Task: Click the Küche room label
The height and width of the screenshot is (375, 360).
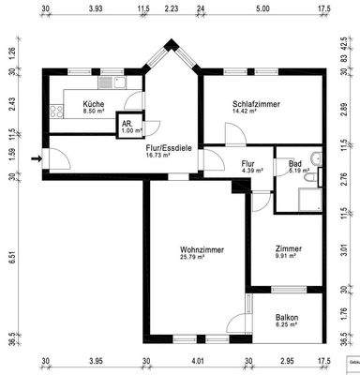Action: coord(93,103)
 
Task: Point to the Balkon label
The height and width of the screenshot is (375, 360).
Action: coord(287,318)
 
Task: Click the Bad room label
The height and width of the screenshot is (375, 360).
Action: coord(294,163)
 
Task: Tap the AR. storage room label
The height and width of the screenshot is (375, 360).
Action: coord(126,123)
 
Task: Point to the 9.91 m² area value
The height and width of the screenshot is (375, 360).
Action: coord(286,257)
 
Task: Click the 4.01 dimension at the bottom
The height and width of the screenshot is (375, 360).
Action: coord(196,360)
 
